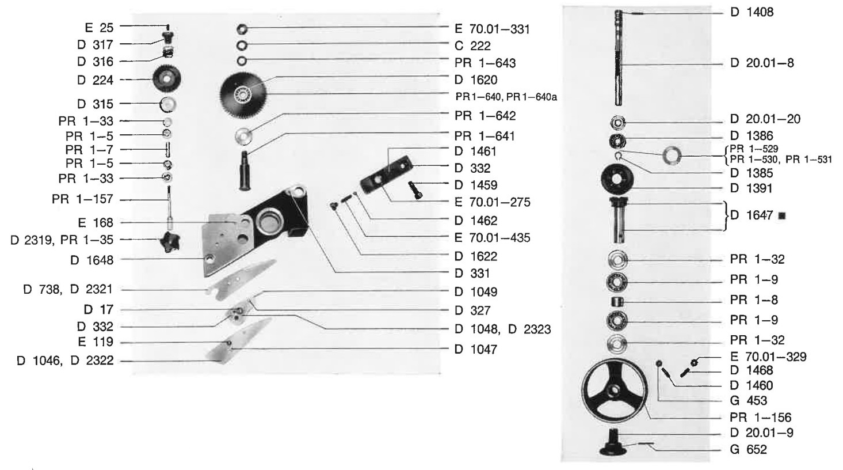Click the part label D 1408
752,12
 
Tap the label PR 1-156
761,417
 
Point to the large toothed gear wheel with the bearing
243,93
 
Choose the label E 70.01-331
492,29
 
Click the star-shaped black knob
169,241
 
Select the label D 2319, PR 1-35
62,240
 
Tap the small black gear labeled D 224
167,79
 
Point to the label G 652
748,449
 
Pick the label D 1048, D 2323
502,329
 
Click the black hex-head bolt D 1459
415,190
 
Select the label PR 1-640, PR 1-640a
506,97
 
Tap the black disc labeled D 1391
617,179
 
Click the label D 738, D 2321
68,289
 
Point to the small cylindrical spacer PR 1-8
617,301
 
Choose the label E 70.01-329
768,357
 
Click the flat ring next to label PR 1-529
672,156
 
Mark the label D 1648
92,260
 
